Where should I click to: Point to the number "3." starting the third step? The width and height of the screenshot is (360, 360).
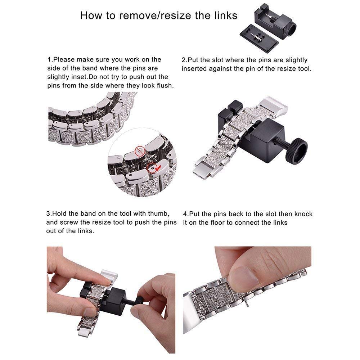pyautogui.click(x=49, y=214)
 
